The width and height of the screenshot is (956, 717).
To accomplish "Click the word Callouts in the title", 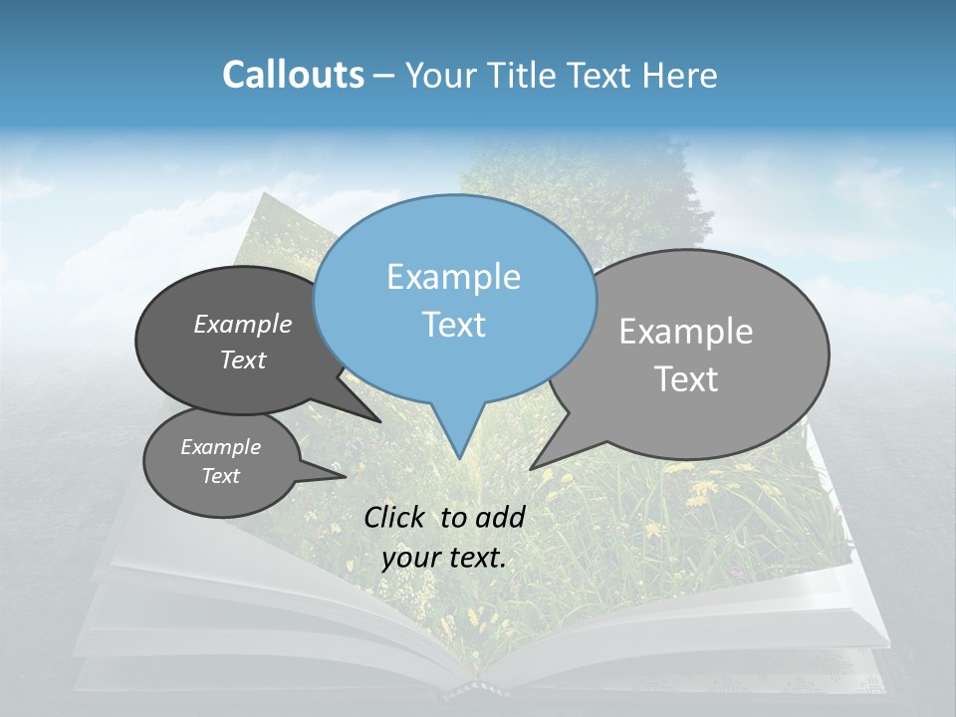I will (x=293, y=75).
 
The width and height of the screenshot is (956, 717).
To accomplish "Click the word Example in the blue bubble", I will (x=453, y=277).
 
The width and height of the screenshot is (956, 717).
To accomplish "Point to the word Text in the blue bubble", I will (x=454, y=325).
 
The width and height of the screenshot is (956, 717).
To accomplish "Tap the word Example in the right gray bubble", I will (x=686, y=332).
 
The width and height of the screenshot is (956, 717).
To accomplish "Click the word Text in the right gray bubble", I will (x=687, y=379).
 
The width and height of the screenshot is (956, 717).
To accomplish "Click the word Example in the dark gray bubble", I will (x=243, y=325).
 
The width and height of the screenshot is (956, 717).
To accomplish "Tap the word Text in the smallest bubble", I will (x=221, y=476).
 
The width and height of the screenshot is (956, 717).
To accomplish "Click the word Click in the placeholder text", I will (x=395, y=517).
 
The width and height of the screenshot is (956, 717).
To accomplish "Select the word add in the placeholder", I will (x=501, y=517).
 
